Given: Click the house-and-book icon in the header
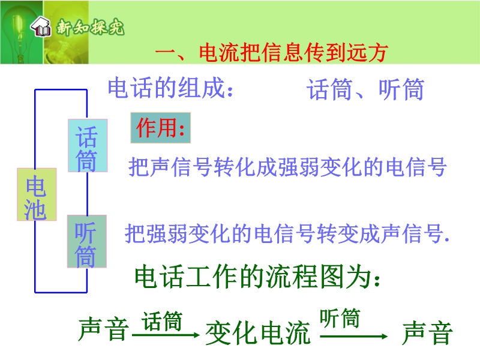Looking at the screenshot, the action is pos(41,26).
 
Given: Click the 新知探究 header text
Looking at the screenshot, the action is pos(91,28).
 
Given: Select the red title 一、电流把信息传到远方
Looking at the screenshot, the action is pos(272,53).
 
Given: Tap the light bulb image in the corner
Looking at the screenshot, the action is pos(22,32).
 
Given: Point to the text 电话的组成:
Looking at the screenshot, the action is pos(170,88).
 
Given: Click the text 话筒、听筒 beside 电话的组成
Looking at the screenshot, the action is pos(366,89).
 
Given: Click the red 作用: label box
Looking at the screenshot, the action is pos(160,128).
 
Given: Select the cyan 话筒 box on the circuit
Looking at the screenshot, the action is pos(88,145).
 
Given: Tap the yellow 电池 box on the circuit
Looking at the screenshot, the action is pos(37,194).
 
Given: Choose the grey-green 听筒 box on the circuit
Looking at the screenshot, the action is pos(87,241).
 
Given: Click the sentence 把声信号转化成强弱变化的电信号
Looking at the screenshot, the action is pos(287,167).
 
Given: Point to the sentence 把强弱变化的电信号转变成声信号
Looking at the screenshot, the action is pos(287,233).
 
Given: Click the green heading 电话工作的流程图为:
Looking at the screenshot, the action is pos(257,277).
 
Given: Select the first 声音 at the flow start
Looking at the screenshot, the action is pos(103,329).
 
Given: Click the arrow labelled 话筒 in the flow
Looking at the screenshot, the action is pos(166,335).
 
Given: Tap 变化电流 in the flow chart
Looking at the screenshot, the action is pos(259,333).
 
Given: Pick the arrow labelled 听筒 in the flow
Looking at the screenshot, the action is pos(354,337).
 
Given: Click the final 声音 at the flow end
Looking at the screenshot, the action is pos(427,333).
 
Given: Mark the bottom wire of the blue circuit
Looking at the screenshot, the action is pos(61,292).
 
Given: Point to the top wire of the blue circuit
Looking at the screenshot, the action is pos(61,89).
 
